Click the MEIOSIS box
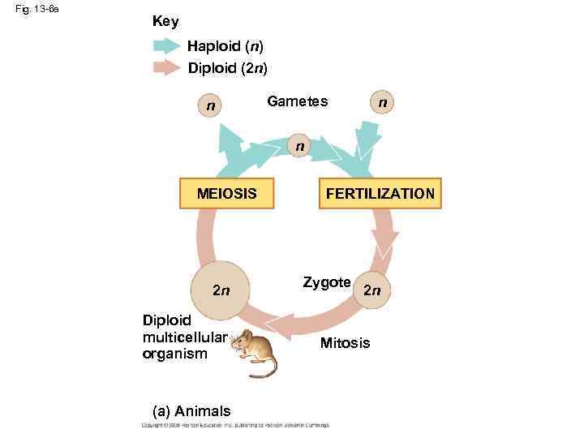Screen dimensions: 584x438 227,194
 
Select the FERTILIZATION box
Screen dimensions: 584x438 380,194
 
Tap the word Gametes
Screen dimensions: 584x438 298,101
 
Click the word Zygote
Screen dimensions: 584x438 326,282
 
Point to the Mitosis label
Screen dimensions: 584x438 345,343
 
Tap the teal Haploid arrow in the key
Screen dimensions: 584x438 167,45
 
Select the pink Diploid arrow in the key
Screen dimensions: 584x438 167,67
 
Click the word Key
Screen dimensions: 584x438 165,21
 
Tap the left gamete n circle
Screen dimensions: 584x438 211,105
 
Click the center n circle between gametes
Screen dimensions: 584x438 300,147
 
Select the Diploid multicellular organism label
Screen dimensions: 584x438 174,336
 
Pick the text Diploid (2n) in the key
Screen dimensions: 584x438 228,67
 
